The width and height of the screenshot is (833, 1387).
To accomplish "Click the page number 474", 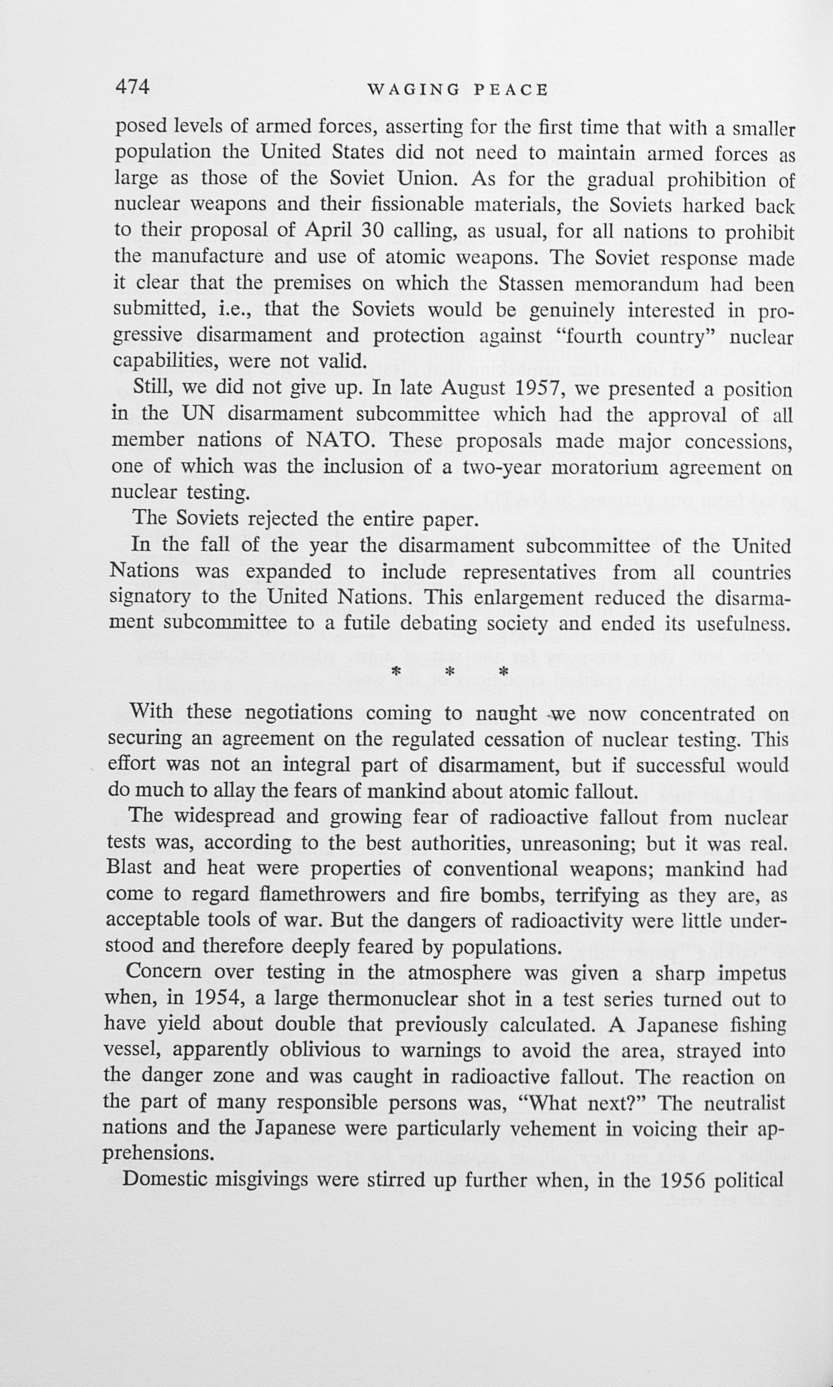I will [x=132, y=87].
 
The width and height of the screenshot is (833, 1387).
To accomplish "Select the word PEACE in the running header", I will [x=511, y=90].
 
